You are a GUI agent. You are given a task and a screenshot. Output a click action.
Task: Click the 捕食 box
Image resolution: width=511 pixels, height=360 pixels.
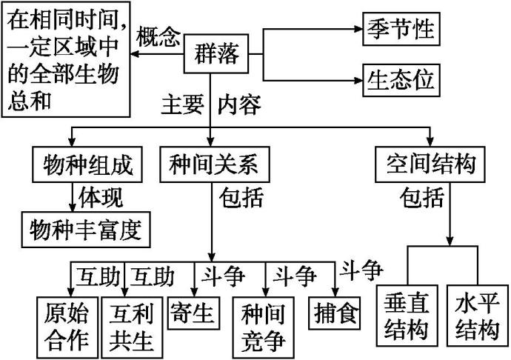(335, 313)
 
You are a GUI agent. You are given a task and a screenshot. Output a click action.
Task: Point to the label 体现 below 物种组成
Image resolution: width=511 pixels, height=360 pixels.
(101, 198)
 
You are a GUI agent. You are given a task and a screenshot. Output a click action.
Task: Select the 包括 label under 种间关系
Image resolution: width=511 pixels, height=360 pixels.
(241, 198)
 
